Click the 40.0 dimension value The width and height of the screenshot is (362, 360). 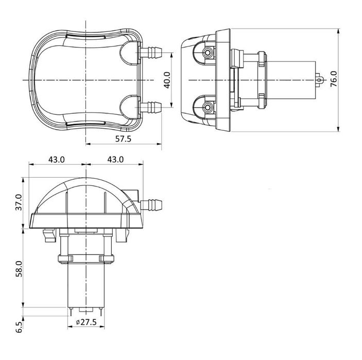pyautogui.click(x=166, y=80)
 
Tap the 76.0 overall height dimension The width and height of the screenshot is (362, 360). pyautogui.click(x=333, y=80)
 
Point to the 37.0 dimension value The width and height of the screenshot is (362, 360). pyautogui.click(x=19, y=202)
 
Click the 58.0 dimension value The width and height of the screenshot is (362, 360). pyautogui.click(x=19, y=269)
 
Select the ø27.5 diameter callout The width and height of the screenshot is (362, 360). pyautogui.click(x=86, y=322)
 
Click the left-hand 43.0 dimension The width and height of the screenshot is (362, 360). pyautogui.click(x=56, y=159)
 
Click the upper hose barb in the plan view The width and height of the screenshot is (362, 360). pyautogui.click(x=152, y=52)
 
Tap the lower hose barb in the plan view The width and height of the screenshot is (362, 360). pyautogui.click(x=152, y=108)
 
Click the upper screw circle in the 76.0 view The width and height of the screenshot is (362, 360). pyautogui.click(x=208, y=53)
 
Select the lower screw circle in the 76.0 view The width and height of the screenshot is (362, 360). pyautogui.click(x=208, y=107)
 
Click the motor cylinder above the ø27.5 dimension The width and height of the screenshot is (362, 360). pyautogui.click(x=86, y=286)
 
